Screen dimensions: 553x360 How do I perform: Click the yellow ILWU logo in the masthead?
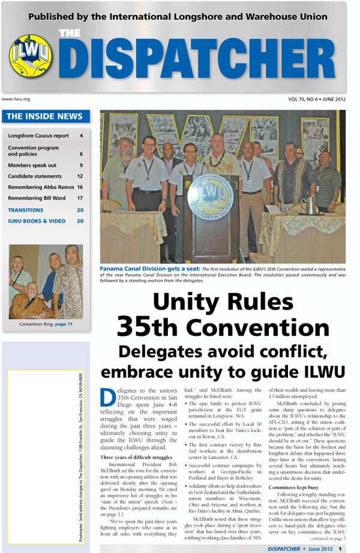[x=30, y=56]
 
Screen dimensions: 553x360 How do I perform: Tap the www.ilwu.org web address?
[x=16, y=98]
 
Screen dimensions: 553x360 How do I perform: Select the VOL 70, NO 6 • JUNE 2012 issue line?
[x=316, y=98]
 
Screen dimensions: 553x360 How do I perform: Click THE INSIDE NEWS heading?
[x=45, y=117]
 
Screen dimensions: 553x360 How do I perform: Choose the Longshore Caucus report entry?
[x=38, y=136]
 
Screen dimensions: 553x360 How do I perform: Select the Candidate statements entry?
[x=35, y=176]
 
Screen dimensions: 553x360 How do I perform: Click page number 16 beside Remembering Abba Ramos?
[x=80, y=188]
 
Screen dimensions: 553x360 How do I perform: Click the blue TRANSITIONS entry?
[x=26, y=210]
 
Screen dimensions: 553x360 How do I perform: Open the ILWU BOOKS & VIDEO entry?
[x=37, y=221]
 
